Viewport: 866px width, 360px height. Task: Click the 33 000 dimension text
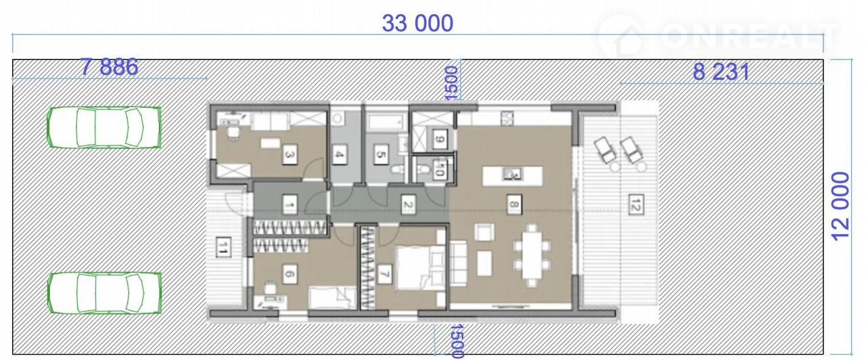coord(417,23)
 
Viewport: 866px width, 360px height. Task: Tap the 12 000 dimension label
coord(841,206)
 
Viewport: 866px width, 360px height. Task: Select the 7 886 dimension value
coord(110,67)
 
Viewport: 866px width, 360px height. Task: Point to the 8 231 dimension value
coord(721,72)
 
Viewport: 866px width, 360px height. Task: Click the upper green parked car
coord(104,127)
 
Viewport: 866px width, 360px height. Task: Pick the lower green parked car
coord(104,293)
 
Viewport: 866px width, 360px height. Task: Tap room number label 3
coord(290,155)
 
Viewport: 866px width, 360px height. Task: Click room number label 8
coord(514,204)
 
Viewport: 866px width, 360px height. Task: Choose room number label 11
coord(223,247)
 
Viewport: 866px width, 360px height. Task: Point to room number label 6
coord(290,274)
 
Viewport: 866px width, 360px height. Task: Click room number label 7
coord(384,274)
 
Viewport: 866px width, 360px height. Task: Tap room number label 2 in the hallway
coord(408,204)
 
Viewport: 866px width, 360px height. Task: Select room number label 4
coord(339,155)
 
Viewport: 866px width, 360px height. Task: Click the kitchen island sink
coord(512,175)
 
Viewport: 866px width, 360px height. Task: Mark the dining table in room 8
coord(532,255)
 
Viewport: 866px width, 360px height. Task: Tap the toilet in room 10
coord(422,168)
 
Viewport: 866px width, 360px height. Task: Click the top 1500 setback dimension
coord(451,83)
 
